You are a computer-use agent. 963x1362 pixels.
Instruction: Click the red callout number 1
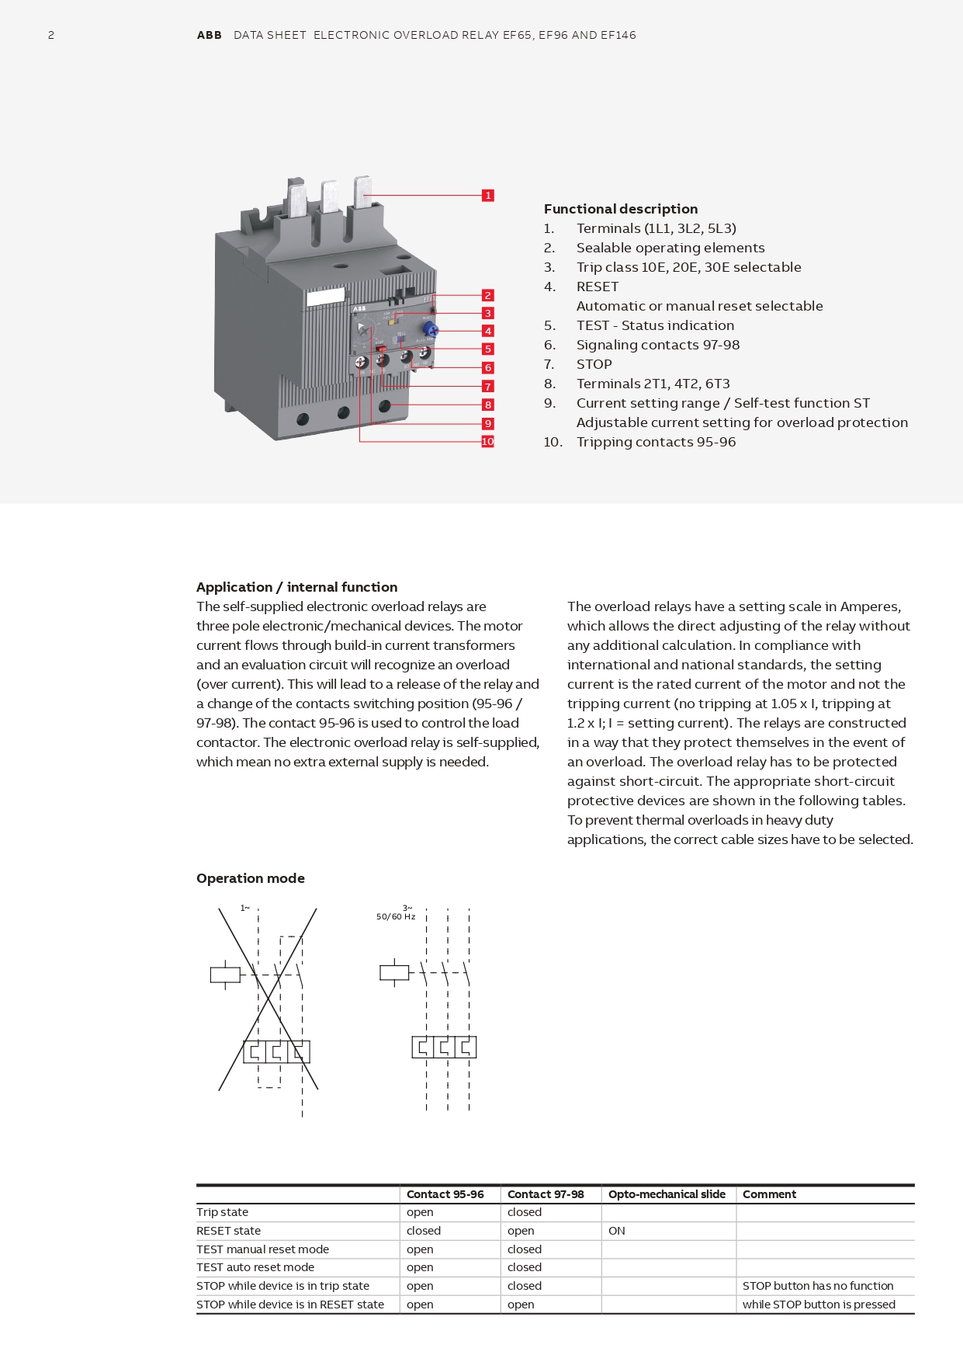click(x=487, y=196)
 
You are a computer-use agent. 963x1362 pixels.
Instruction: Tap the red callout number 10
click(x=487, y=442)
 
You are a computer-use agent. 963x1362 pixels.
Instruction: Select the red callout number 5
click(x=487, y=349)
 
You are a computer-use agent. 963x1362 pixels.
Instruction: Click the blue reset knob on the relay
click(x=431, y=330)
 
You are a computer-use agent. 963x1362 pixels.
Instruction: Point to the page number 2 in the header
click(x=51, y=35)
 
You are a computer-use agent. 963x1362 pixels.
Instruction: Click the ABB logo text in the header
click(x=209, y=35)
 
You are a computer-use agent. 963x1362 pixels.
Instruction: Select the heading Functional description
click(x=620, y=209)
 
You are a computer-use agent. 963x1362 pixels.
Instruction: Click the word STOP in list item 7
click(x=594, y=364)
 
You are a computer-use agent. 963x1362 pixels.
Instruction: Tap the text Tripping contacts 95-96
click(x=656, y=442)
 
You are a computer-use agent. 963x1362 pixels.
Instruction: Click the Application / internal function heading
click(x=296, y=587)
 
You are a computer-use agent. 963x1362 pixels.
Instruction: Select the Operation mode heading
click(x=250, y=878)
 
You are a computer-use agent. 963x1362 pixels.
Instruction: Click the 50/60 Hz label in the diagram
click(x=396, y=917)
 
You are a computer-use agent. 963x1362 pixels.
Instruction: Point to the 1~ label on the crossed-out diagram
click(x=244, y=908)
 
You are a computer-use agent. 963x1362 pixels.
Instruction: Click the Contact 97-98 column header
click(x=545, y=1194)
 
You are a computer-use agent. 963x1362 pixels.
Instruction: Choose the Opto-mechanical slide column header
click(x=667, y=1194)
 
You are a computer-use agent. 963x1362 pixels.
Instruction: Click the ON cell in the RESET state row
click(x=617, y=1231)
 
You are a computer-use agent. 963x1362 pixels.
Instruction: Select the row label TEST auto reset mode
click(x=255, y=1267)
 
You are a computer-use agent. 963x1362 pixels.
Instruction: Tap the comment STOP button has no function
click(x=818, y=1286)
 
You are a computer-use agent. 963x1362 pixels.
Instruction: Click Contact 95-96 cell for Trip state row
click(x=420, y=1212)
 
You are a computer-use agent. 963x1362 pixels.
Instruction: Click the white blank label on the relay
click(x=325, y=297)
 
